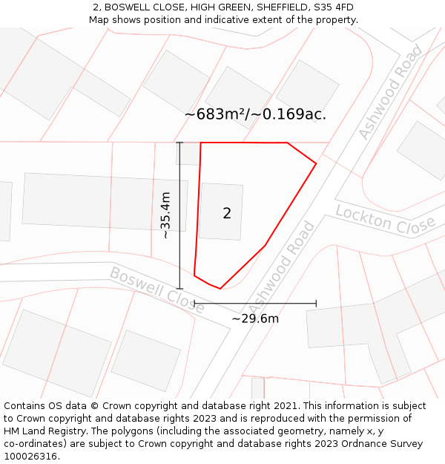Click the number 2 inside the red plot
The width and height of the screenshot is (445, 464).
tap(227, 213)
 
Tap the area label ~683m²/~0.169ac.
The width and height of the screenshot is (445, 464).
tap(255, 114)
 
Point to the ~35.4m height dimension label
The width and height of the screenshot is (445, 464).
tap(165, 215)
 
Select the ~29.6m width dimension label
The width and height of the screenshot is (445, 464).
tap(255, 318)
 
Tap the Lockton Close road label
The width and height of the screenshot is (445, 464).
tap(385, 219)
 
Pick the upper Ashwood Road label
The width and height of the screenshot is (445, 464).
tap(390, 92)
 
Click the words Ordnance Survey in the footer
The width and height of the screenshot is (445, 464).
tap(386, 444)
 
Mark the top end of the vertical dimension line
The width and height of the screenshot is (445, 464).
tap(179, 143)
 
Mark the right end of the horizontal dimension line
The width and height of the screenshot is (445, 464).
tap(317, 303)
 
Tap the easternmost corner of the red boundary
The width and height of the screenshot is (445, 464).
tap(317, 163)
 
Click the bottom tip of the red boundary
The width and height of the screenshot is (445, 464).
tap(220, 288)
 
